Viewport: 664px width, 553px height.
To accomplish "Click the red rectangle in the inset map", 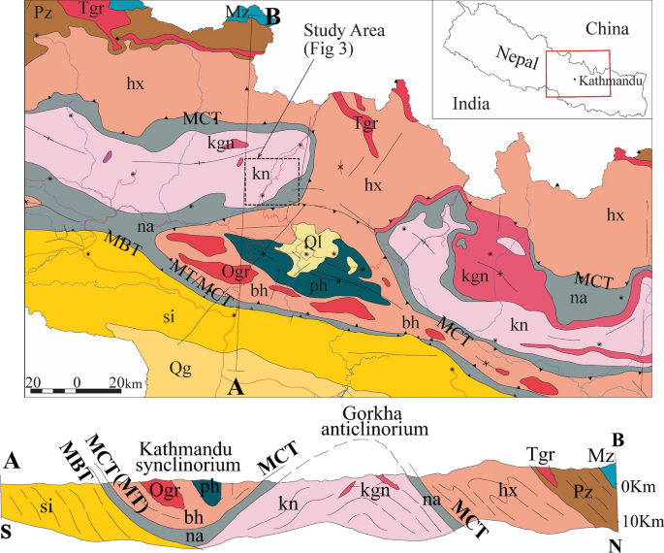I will tap(578, 74).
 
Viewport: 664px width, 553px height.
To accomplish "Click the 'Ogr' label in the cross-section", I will tap(164, 490).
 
